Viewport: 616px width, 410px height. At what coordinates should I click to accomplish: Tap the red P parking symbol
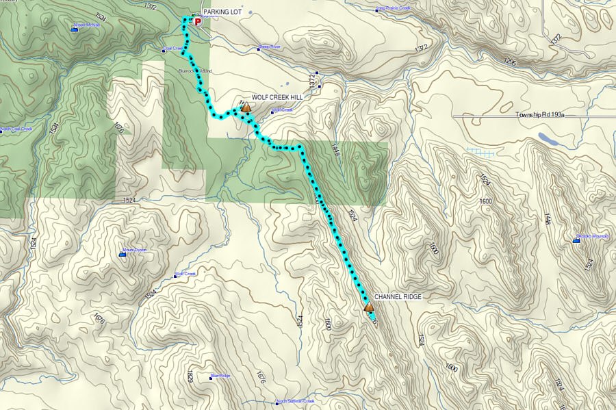pos(198,22)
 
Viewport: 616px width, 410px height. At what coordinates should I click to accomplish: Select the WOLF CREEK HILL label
pos(277,97)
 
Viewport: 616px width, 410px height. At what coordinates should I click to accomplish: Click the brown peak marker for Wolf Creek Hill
pos(245,107)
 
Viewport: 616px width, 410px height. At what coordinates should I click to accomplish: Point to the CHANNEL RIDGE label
pos(398,297)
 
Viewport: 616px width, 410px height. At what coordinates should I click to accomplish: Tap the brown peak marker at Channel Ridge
pos(369,307)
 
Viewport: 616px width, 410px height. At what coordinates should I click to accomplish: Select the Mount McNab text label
pos(87,25)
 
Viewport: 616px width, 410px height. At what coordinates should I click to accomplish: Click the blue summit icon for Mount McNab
pos(74,29)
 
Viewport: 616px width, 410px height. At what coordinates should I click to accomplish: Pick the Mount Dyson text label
pos(135,251)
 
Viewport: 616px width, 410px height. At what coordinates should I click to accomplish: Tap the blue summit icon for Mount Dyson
pos(123,254)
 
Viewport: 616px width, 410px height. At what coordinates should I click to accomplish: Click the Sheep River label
pos(269,47)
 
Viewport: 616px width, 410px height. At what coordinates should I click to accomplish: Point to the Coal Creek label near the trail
pos(174,49)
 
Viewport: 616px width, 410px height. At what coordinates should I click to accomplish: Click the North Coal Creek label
pos(16,129)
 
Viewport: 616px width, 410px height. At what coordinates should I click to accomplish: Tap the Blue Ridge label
pos(220,375)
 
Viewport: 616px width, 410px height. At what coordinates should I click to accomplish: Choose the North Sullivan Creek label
pos(296,401)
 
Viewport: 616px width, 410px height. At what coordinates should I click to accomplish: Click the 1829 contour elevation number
pos(189,376)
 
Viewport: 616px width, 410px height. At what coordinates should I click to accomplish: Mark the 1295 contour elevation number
pos(509,62)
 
